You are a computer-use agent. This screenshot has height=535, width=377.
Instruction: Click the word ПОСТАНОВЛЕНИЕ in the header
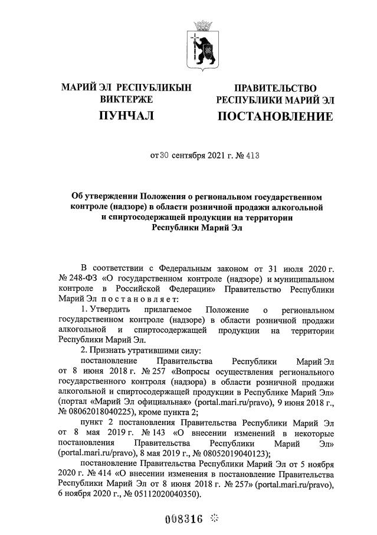(x=275, y=117)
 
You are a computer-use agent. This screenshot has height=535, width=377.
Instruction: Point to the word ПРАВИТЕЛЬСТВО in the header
(x=276, y=88)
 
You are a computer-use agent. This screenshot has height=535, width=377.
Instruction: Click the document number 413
(x=251, y=156)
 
